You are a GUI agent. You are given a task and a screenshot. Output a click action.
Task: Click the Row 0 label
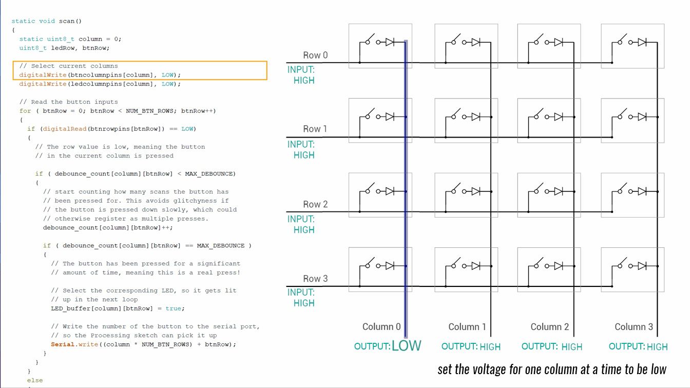click(315, 55)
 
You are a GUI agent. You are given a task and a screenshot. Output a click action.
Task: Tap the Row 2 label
click(315, 204)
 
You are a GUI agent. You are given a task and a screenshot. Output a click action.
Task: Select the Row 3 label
click(315, 279)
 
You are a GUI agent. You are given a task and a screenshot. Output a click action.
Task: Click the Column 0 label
click(381, 327)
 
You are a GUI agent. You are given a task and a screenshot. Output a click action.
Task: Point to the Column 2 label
click(549, 327)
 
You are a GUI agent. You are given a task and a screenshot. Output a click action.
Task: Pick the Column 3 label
click(634, 327)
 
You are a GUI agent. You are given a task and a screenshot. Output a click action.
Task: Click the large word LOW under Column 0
click(406, 345)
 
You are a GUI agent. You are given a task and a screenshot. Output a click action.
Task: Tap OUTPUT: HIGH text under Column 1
click(471, 346)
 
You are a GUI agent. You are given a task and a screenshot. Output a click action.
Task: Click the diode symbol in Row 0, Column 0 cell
click(390, 42)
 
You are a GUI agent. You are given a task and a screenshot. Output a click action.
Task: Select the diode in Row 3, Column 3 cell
click(642, 265)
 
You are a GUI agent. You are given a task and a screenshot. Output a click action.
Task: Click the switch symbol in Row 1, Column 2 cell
click(539, 115)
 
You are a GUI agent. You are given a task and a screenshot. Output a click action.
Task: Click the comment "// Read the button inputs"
click(68, 102)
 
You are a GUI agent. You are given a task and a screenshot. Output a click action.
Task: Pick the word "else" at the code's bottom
click(35, 380)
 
